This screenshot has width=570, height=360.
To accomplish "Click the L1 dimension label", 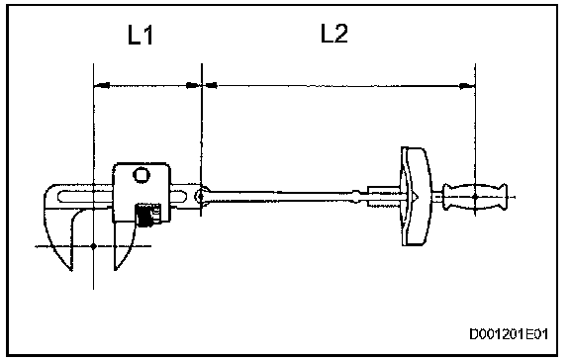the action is click(x=141, y=35).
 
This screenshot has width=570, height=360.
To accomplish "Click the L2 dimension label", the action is click(x=334, y=33).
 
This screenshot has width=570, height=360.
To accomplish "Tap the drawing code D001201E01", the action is click(x=509, y=334).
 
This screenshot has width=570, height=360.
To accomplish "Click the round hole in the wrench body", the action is click(x=142, y=175).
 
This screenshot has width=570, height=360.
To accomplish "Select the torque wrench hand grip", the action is click(x=475, y=197).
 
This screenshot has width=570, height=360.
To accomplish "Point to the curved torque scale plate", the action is click(x=417, y=196).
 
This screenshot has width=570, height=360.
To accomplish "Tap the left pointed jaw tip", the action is click(x=71, y=270).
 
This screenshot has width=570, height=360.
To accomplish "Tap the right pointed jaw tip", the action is click(x=116, y=269).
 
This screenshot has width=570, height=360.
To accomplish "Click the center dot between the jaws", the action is click(x=93, y=246).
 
